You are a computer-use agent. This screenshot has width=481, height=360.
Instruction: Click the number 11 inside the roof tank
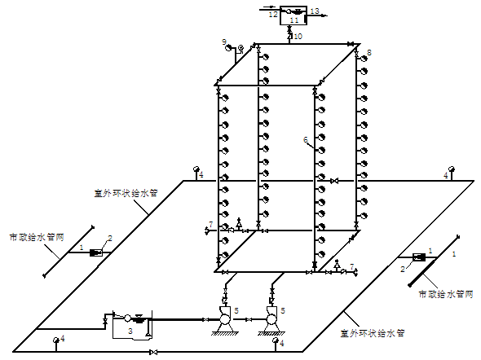click(x=294, y=20)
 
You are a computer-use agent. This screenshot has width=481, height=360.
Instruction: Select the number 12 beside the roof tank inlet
click(x=273, y=15)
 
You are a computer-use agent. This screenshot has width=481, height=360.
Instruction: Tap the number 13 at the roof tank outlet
click(x=315, y=11)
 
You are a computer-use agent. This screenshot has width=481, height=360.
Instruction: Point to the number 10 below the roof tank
click(x=298, y=37)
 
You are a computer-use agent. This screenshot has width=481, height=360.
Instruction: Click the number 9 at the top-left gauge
click(x=224, y=42)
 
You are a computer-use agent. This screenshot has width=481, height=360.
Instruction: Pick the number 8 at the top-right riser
click(x=369, y=52)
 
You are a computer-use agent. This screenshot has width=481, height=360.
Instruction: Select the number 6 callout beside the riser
click(x=305, y=140)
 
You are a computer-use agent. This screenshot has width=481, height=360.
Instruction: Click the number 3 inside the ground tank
click(x=130, y=331)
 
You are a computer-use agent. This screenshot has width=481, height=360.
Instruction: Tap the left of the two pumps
click(x=224, y=318)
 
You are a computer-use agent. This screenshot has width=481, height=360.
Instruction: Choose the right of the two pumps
click(x=271, y=318)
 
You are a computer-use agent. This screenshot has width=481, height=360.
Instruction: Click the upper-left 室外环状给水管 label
click(x=126, y=193)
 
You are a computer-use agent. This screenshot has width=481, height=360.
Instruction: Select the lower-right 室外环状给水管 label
click(x=373, y=333)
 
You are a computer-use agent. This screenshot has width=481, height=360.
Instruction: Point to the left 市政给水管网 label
click(x=37, y=238)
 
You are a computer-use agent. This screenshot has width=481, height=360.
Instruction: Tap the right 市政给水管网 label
click(x=446, y=294)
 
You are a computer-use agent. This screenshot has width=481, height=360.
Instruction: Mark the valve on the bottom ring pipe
click(x=154, y=352)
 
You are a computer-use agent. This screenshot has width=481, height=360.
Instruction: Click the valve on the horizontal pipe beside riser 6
click(x=334, y=181)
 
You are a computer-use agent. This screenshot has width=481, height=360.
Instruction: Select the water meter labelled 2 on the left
click(x=95, y=252)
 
